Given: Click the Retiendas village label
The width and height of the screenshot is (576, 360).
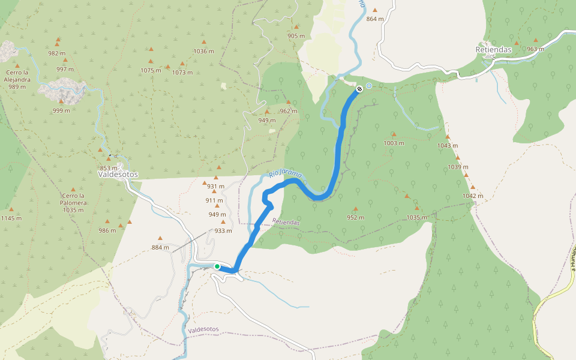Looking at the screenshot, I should click(x=493, y=49).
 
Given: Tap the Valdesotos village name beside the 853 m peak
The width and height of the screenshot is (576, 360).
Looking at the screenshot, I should click(x=118, y=175).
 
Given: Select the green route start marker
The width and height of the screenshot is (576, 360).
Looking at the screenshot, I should click(x=217, y=266).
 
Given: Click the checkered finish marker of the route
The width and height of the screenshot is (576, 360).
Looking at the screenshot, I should click(x=359, y=89).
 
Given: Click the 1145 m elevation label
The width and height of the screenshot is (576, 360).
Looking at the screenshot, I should click(x=11, y=218).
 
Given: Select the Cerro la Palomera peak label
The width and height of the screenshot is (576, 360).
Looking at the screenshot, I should click(x=73, y=203).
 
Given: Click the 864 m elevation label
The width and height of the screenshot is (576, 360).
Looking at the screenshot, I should click(x=374, y=19).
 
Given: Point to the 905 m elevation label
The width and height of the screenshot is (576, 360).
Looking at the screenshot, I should click(x=296, y=36).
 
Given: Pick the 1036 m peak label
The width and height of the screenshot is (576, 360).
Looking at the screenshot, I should click(x=204, y=51).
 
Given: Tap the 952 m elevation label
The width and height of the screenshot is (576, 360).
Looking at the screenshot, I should click(x=355, y=217).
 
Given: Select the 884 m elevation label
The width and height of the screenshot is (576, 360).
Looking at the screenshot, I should click(x=160, y=247).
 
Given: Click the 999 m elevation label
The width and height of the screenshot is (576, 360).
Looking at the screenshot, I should click(x=61, y=110).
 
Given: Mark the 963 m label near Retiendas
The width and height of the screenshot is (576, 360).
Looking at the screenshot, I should click(x=535, y=49).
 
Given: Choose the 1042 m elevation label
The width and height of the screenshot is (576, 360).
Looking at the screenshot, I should click(x=473, y=196).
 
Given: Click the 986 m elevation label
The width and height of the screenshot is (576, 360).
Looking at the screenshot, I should click(x=107, y=230).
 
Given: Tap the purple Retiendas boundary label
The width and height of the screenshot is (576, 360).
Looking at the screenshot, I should click(x=286, y=222).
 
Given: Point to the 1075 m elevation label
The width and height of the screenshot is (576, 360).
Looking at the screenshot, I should click(x=151, y=70).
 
